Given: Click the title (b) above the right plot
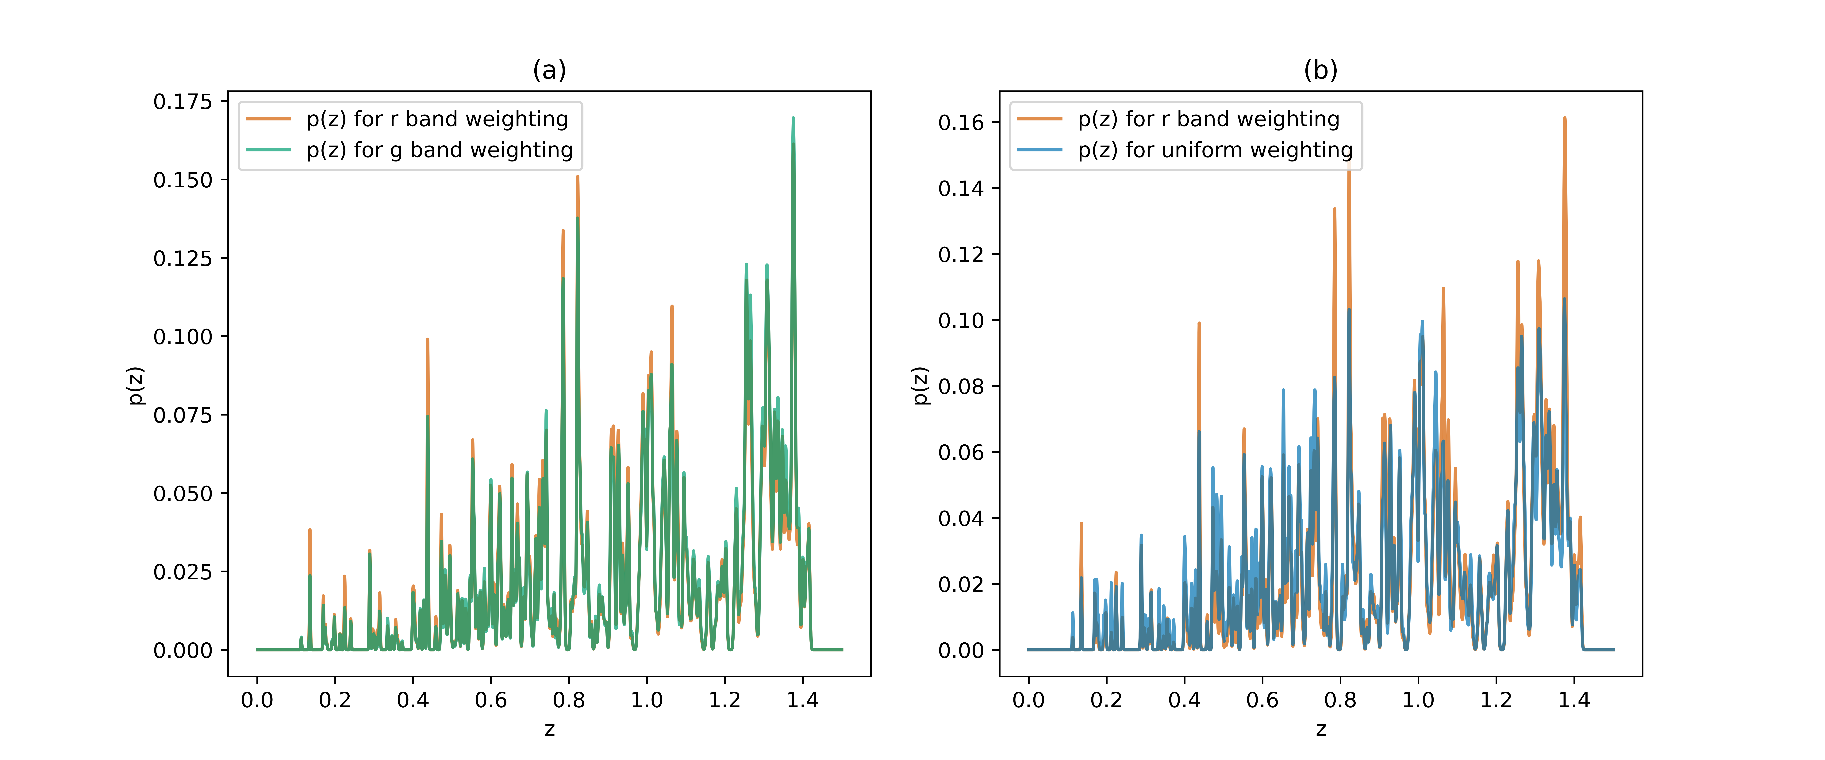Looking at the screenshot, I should pyautogui.click(x=1321, y=70).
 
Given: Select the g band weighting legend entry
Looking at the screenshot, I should pyautogui.click(x=439, y=150).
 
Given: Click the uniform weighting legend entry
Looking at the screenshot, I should pyautogui.click(x=1215, y=150).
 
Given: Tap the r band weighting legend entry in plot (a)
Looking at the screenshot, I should pyautogui.click(x=437, y=119).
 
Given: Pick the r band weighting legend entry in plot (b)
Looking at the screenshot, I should pyautogui.click(x=1209, y=119).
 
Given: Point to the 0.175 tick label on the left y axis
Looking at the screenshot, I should pyautogui.click(x=183, y=102).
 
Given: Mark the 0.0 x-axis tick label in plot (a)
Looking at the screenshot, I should pyautogui.click(x=257, y=701).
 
